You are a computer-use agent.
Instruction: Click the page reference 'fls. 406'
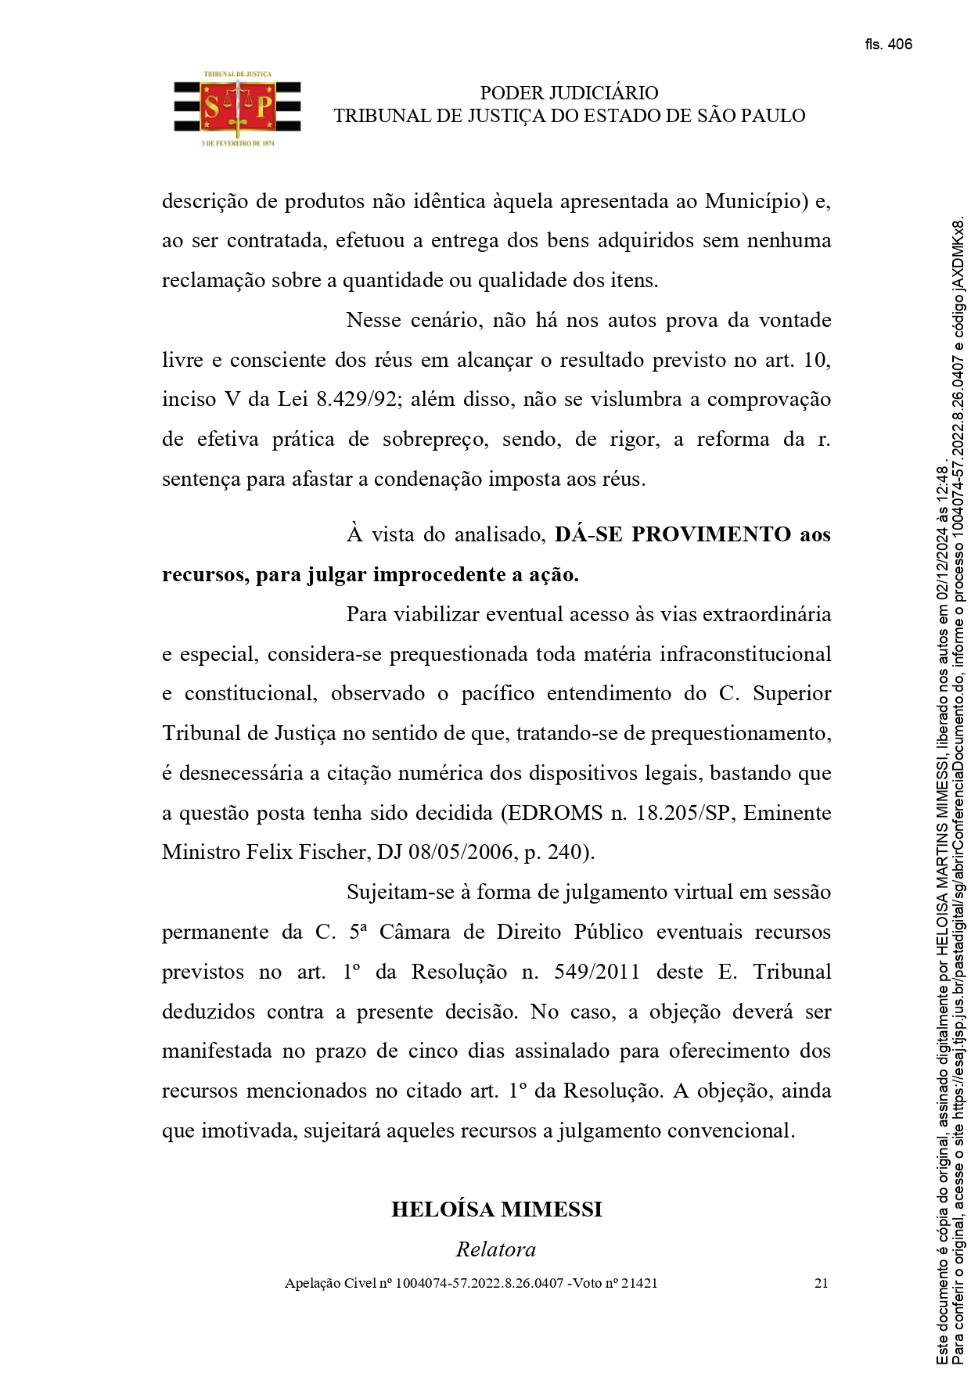point(888,45)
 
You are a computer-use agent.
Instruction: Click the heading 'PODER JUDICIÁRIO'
point(569,93)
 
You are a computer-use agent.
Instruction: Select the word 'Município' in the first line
point(756,202)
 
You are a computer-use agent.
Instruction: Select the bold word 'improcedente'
point(438,575)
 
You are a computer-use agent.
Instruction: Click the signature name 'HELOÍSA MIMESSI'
point(496,1209)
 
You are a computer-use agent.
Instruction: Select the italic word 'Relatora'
point(496,1249)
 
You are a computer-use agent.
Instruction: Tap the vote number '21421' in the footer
point(638,1284)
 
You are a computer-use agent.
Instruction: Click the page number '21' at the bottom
point(821,1284)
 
